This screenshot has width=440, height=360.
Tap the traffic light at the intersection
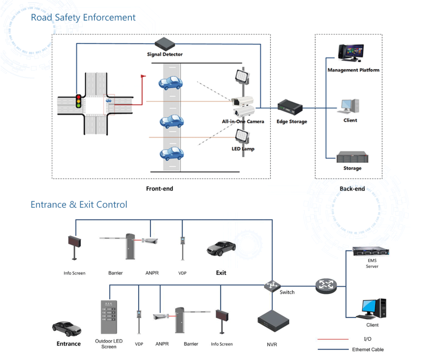click(x=79, y=101)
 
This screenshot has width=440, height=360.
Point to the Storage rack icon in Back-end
click(x=352, y=158)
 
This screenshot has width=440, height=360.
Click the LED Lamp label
click(x=242, y=149)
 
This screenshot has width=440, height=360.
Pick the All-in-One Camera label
click(x=243, y=121)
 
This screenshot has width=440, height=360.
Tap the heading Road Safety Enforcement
click(x=83, y=18)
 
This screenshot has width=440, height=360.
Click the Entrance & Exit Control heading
click(x=79, y=204)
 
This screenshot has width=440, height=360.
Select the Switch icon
click(x=272, y=285)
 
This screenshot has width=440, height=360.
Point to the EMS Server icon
click(x=370, y=252)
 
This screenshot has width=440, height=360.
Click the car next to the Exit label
click(x=221, y=248)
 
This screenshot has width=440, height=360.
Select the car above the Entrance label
click(x=67, y=329)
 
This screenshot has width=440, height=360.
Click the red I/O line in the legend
click(x=333, y=339)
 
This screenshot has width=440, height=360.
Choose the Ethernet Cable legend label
click(x=368, y=349)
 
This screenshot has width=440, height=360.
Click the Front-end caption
click(x=159, y=189)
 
